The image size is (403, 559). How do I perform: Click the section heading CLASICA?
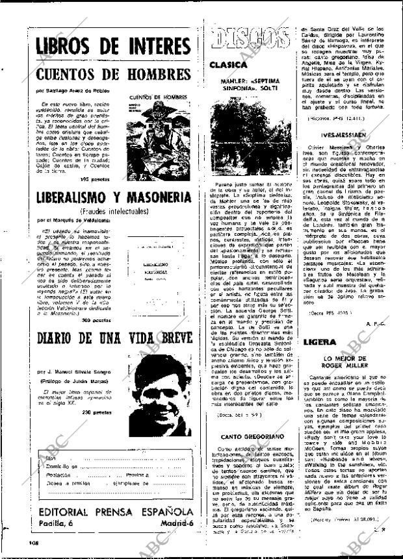click(228, 65)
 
